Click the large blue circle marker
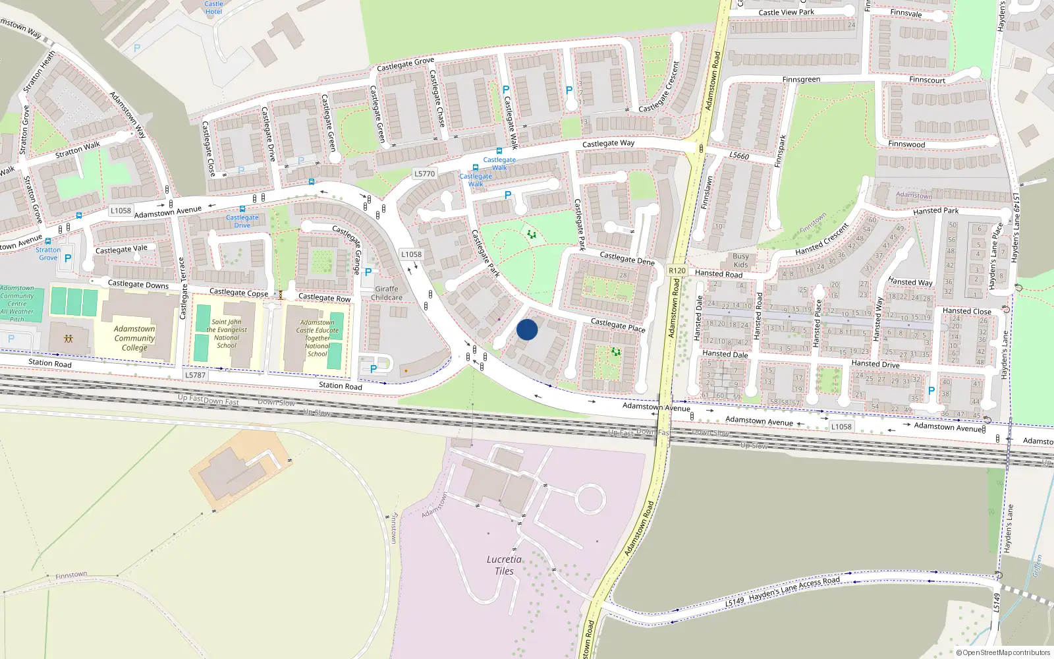point(527,329)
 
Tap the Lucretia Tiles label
point(504,565)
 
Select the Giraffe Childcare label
point(387,293)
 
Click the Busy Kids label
point(741,260)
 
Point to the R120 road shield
point(677,271)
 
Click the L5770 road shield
point(424,174)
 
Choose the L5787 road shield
point(195,375)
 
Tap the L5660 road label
point(739,156)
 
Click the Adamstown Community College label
point(134,338)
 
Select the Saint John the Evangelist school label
point(227,333)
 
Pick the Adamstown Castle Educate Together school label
point(317,338)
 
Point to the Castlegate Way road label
point(608,143)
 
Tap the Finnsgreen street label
point(801,80)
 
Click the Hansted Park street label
point(935,211)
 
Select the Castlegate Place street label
point(618,325)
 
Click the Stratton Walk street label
point(78,150)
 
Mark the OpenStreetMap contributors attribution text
point(1003,652)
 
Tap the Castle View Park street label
point(786,13)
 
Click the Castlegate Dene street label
point(627,258)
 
